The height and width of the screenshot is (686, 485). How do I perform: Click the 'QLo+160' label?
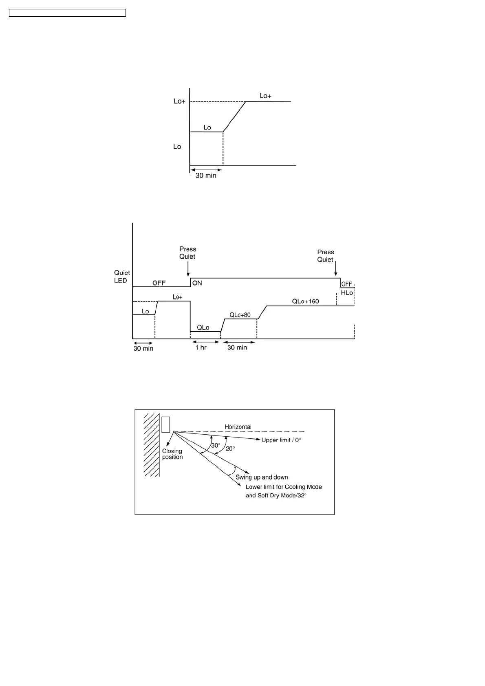(305, 301)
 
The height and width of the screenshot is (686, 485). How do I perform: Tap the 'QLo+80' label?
(240, 315)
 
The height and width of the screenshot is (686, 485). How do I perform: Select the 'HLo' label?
(347, 293)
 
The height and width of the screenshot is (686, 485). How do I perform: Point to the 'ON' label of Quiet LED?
(197, 283)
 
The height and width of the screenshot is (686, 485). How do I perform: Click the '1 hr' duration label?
(201, 347)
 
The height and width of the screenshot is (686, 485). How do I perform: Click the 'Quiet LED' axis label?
(122, 277)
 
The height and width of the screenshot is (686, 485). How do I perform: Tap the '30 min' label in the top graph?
(206, 176)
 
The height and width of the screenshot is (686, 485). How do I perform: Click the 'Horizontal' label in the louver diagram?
(238, 427)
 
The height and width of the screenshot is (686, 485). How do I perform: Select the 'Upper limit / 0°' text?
(281, 440)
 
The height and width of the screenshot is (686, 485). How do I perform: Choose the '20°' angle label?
(230, 449)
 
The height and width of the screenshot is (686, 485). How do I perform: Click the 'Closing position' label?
(172, 454)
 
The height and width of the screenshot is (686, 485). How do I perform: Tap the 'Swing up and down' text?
(262, 477)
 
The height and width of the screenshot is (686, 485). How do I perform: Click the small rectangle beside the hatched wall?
(165, 424)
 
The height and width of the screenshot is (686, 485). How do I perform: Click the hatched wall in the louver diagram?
(151, 444)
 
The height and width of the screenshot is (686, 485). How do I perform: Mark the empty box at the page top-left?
(67, 13)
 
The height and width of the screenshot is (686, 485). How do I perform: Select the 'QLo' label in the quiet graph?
(203, 327)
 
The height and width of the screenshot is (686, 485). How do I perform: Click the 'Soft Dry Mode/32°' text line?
(276, 496)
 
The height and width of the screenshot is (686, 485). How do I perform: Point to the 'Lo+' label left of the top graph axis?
(179, 101)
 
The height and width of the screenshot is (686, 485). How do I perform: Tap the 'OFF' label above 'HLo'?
(346, 284)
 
